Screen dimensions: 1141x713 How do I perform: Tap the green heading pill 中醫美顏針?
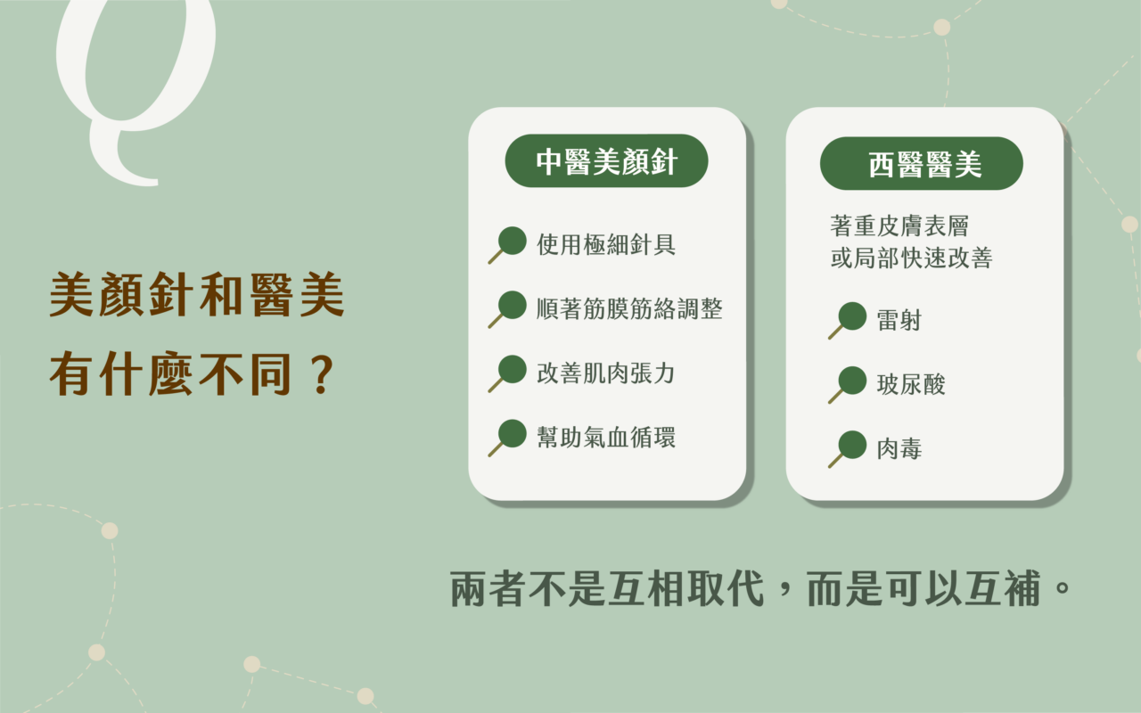(x=606, y=161)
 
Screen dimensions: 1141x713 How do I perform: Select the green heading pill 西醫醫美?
(x=922, y=163)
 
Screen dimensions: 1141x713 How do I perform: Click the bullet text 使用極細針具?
(x=606, y=244)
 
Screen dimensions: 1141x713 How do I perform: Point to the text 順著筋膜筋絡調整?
(x=629, y=308)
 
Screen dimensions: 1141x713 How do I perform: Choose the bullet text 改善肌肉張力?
(x=606, y=373)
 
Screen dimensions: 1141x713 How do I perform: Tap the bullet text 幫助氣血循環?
(x=606, y=437)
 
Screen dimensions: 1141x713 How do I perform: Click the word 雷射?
(x=899, y=320)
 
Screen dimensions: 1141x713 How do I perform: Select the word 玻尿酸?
(x=911, y=384)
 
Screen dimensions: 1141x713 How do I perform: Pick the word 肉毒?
(x=899, y=448)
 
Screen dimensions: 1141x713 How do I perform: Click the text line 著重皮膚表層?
(x=899, y=226)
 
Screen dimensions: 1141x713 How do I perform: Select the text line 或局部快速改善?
(x=911, y=258)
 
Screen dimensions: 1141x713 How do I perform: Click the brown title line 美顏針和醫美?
(x=197, y=294)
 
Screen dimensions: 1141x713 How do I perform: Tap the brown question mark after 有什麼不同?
(x=322, y=375)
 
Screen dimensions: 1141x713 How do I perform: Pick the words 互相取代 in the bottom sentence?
(x=685, y=589)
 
